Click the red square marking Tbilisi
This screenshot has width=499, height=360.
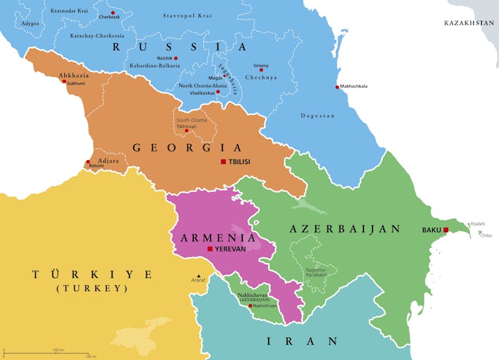pyautogui.click(x=223, y=161)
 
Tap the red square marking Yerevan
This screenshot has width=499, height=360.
pyautogui.click(x=210, y=249)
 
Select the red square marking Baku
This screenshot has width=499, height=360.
pyautogui.click(x=446, y=230)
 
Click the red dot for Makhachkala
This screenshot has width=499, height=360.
pyautogui.click(x=337, y=87)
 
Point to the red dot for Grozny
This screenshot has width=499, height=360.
pyautogui.click(x=261, y=69)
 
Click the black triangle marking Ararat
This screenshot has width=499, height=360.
pyautogui.click(x=198, y=275)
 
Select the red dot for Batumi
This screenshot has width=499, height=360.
pyautogui.click(x=87, y=161)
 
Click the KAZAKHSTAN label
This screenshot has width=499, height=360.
pyautogui.click(x=470, y=22)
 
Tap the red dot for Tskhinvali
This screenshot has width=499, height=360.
pyautogui.click(x=187, y=130)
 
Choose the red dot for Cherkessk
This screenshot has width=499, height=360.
pyautogui.click(x=113, y=13)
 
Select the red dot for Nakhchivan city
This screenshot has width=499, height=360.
pyautogui.click(x=250, y=306)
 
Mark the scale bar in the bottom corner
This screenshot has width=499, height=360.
pyautogui.click(x=46, y=352)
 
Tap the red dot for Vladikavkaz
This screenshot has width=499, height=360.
pyautogui.click(x=218, y=92)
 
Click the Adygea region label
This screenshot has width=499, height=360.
pyautogui.click(x=30, y=23)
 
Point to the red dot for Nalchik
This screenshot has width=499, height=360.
pyautogui.click(x=175, y=58)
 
